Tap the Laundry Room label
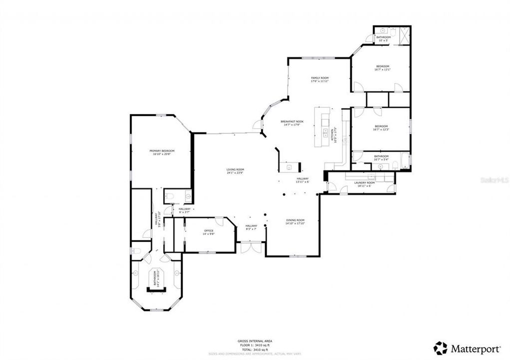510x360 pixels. coord(364,183)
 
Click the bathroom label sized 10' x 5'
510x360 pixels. coord(383,37)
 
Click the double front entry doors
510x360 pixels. coord(250,247)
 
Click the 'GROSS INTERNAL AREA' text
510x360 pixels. coord(255,341)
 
